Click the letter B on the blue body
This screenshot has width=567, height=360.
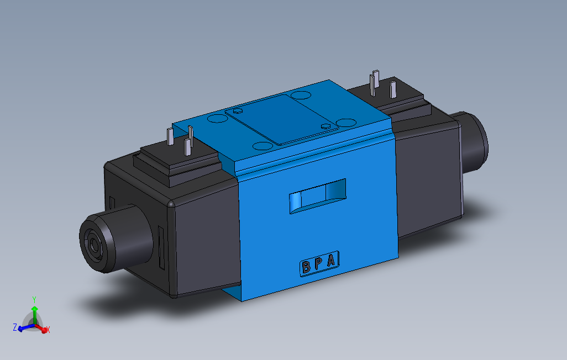coord(306,268)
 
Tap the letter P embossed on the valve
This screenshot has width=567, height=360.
coord(318,264)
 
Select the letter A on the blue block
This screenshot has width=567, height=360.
coord(331,261)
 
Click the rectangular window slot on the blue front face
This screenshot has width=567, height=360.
coord(318,195)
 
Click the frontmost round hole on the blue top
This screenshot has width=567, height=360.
coord(262,146)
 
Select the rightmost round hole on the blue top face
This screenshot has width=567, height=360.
coord(347,122)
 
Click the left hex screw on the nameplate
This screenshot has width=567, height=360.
coord(238,110)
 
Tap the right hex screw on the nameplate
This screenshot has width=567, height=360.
coord(326,127)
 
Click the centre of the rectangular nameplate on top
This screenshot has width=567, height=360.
coord(281,119)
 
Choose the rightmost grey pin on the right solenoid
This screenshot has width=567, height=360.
coord(393,89)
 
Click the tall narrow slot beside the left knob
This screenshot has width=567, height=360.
coord(161,248)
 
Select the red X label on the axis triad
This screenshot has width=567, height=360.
coord(48,330)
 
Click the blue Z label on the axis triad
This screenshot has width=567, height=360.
coord(15,327)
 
